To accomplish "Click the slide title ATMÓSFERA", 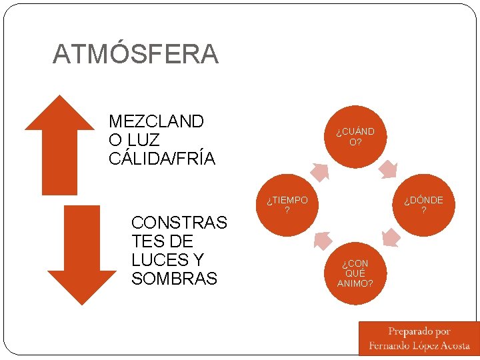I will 135,54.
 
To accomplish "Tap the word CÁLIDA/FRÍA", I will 162,159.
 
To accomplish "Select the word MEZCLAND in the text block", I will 156,121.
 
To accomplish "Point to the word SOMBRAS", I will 175,279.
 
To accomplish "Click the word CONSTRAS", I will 179,222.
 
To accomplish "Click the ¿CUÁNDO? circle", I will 355,136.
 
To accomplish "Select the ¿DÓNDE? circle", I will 423,205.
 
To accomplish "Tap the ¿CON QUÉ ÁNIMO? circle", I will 355,273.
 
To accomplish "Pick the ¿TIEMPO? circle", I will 287,205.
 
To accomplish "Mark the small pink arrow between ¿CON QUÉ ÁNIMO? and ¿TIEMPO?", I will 321,239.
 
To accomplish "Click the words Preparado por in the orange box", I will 419,331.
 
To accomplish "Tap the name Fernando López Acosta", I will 419,346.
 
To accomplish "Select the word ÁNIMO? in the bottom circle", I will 355,283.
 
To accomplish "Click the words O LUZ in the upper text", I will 134,140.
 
